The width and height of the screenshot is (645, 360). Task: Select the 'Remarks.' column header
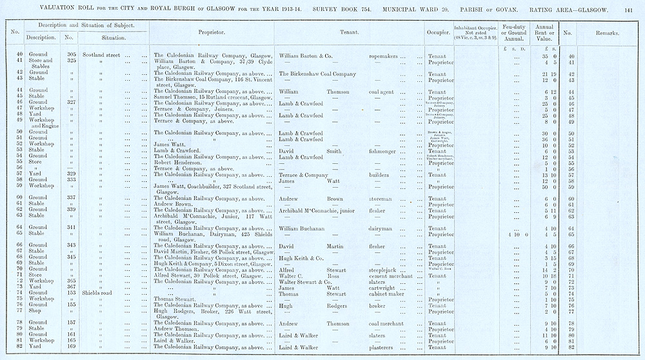(606, 32)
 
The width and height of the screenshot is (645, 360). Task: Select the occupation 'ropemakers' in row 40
(386, 56)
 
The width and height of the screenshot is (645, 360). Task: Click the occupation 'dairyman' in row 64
(382, 227)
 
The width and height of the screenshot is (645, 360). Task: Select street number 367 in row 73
(71, 287)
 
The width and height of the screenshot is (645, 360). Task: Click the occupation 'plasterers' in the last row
(385, 348)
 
